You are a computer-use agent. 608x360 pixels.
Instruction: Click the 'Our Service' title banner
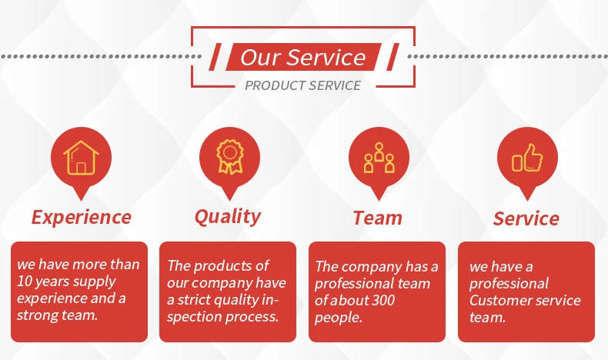[303, 57]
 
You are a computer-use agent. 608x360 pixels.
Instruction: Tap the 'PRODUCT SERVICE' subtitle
[302, 85]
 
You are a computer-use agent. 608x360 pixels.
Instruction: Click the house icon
[81, 158]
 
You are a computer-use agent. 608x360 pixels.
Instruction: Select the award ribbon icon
[229, 157]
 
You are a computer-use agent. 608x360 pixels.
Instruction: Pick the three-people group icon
[379, 158]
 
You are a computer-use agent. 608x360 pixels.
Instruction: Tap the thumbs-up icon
[527, 158]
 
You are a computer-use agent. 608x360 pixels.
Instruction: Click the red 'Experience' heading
[82, 217]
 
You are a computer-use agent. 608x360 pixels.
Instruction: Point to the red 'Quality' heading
[228, 217]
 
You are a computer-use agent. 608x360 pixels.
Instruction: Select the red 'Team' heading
[377, 218]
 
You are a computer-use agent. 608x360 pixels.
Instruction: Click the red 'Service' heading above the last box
[526, 218]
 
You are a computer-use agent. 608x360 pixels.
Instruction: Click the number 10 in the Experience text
[24, 282]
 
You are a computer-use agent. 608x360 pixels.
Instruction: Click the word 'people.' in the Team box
[338, 318]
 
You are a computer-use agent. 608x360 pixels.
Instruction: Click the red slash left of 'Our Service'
[215, 57]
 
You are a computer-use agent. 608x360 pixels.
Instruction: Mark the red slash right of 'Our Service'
[393, 57]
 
